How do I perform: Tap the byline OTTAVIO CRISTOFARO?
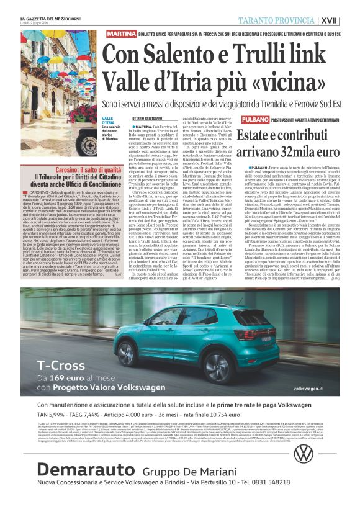(146, 118)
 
